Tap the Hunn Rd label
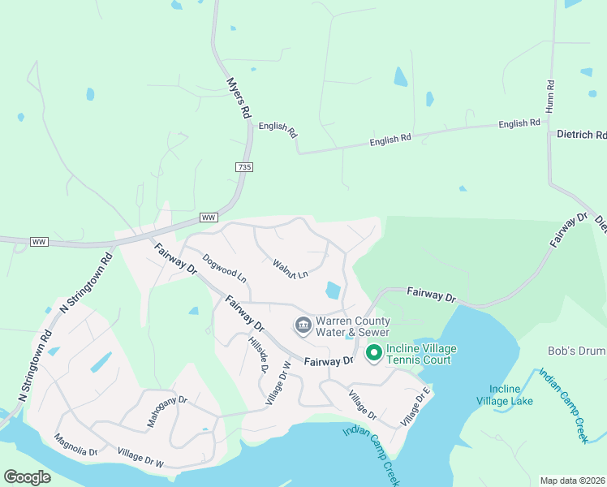point(550,95)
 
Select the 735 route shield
point(245,167)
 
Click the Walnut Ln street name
point(291,269)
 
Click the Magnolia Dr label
point(76,445)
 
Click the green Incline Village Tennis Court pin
point(374,353)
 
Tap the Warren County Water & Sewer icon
point(303,325)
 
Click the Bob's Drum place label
point(577,351)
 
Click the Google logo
point(27,477)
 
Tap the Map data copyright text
point(572,481)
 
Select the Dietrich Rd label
point(581,135)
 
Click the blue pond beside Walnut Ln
point(333,290)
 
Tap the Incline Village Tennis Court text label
point(421,354)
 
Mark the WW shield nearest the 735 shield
point(209,218)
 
